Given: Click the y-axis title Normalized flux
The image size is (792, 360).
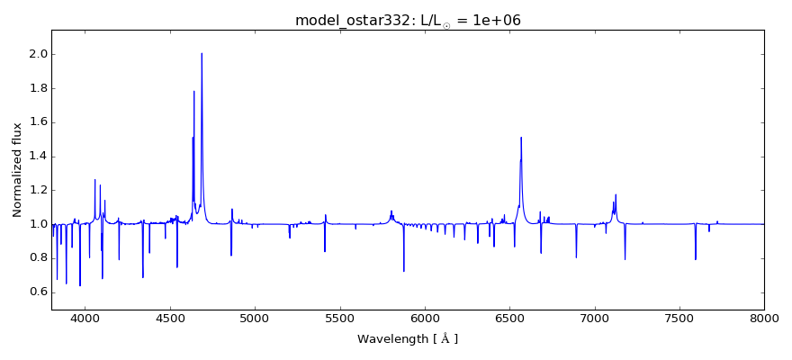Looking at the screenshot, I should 17,170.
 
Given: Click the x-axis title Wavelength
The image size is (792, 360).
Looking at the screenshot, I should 407,339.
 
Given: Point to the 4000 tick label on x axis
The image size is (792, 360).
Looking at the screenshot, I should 85,319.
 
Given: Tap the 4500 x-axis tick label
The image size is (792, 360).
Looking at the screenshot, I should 170,319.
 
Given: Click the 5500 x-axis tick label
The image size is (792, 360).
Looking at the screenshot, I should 339,319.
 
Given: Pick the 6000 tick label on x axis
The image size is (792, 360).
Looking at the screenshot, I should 425,319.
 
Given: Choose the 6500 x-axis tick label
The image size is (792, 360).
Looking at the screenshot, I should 509,319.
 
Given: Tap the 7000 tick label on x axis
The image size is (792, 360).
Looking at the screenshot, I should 595,319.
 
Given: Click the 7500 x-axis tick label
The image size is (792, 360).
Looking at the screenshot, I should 679,319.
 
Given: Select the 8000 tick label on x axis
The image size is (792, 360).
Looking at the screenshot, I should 764,319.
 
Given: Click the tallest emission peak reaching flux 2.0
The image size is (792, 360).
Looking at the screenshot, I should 202,54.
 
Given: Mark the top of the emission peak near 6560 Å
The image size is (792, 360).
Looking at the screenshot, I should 521,138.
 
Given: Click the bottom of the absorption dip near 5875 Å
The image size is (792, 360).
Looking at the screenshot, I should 404,271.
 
